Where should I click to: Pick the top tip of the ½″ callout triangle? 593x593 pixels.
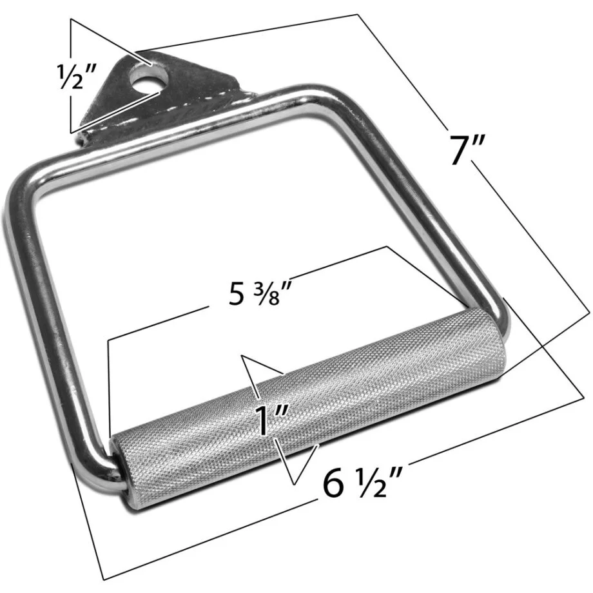tap(72, 20)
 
